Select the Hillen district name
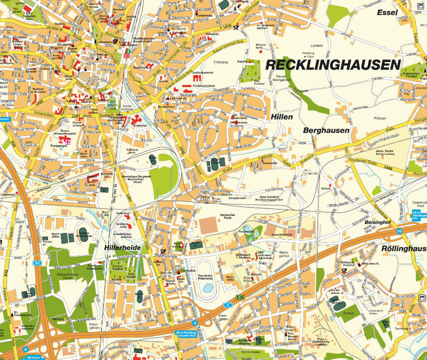tap(281, 116)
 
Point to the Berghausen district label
tap(326, 130)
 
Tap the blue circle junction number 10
tap(399, 231)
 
